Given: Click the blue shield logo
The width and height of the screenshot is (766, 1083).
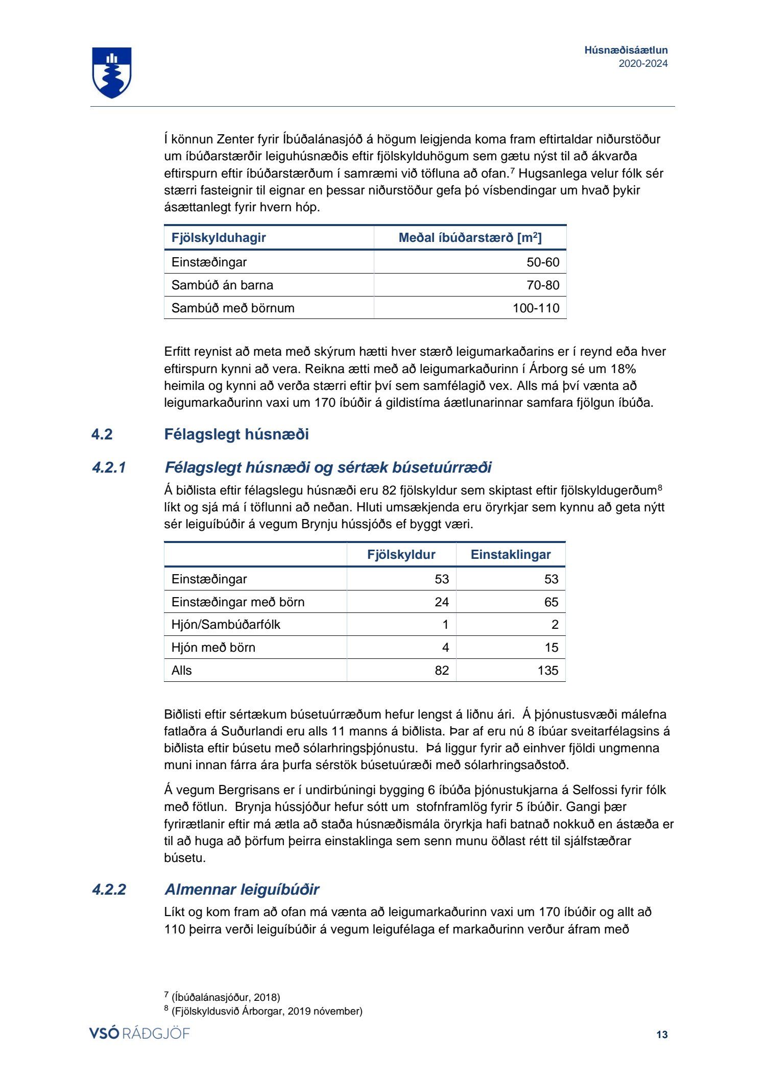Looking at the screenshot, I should (x=112, y=72).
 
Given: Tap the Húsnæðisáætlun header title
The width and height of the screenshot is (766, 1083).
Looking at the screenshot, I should (x=626, y=50).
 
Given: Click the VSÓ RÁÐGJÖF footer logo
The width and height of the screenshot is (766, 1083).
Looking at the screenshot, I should (x=139, y=1034).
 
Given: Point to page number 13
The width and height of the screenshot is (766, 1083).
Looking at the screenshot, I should (x=661, y=1035).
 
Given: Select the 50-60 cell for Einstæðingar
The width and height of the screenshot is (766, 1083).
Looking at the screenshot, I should (x=542, y=262).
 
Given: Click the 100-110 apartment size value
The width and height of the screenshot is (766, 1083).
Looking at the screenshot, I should (x=536, y=308).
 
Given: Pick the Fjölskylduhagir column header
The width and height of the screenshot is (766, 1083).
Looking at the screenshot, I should (x=219, y=238).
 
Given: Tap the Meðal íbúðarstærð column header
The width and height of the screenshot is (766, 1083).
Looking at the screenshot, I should (x=470, y=238).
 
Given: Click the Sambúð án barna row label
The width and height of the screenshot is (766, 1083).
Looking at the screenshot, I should (x=222, y=285).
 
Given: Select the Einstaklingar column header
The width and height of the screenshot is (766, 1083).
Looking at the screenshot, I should (x=510, y=555).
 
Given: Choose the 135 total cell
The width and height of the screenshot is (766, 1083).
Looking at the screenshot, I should (x=547, y=671).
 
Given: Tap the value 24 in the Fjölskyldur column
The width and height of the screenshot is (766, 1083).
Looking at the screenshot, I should (x=441, y=602).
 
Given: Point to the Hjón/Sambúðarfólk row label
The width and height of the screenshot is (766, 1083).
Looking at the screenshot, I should (x=226, y=625).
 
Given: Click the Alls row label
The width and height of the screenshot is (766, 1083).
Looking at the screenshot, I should (x=182, y=671).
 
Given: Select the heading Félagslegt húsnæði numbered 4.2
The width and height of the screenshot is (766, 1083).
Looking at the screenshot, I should (x=236, y=434).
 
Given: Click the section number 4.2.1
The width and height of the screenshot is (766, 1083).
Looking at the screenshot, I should (x=109, y=467).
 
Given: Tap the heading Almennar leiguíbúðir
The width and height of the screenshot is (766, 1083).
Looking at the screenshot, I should (x=242, y=890).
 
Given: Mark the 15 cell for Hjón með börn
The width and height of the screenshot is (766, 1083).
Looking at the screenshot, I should (x=551, y=648).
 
